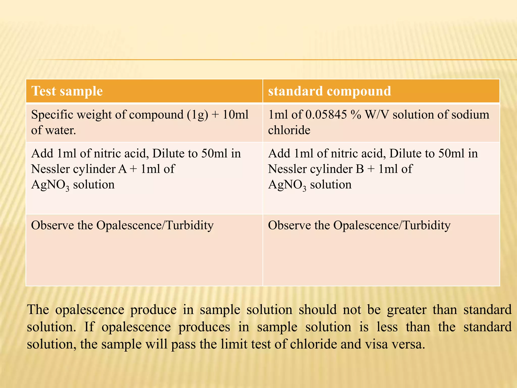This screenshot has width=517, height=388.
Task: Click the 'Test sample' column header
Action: pos(67,91)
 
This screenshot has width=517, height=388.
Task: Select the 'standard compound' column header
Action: pos(329,91)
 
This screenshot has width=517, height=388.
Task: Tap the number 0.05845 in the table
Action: pos(326,115)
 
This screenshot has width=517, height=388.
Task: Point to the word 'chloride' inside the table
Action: pos(289,130)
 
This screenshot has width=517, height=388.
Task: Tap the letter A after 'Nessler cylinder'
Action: pos(122,169)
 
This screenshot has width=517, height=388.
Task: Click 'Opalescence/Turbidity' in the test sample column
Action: pos(155,225)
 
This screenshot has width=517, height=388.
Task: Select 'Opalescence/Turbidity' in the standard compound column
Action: pos(392,225)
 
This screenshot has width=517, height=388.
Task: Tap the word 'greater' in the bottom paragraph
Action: pos(407,310)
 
